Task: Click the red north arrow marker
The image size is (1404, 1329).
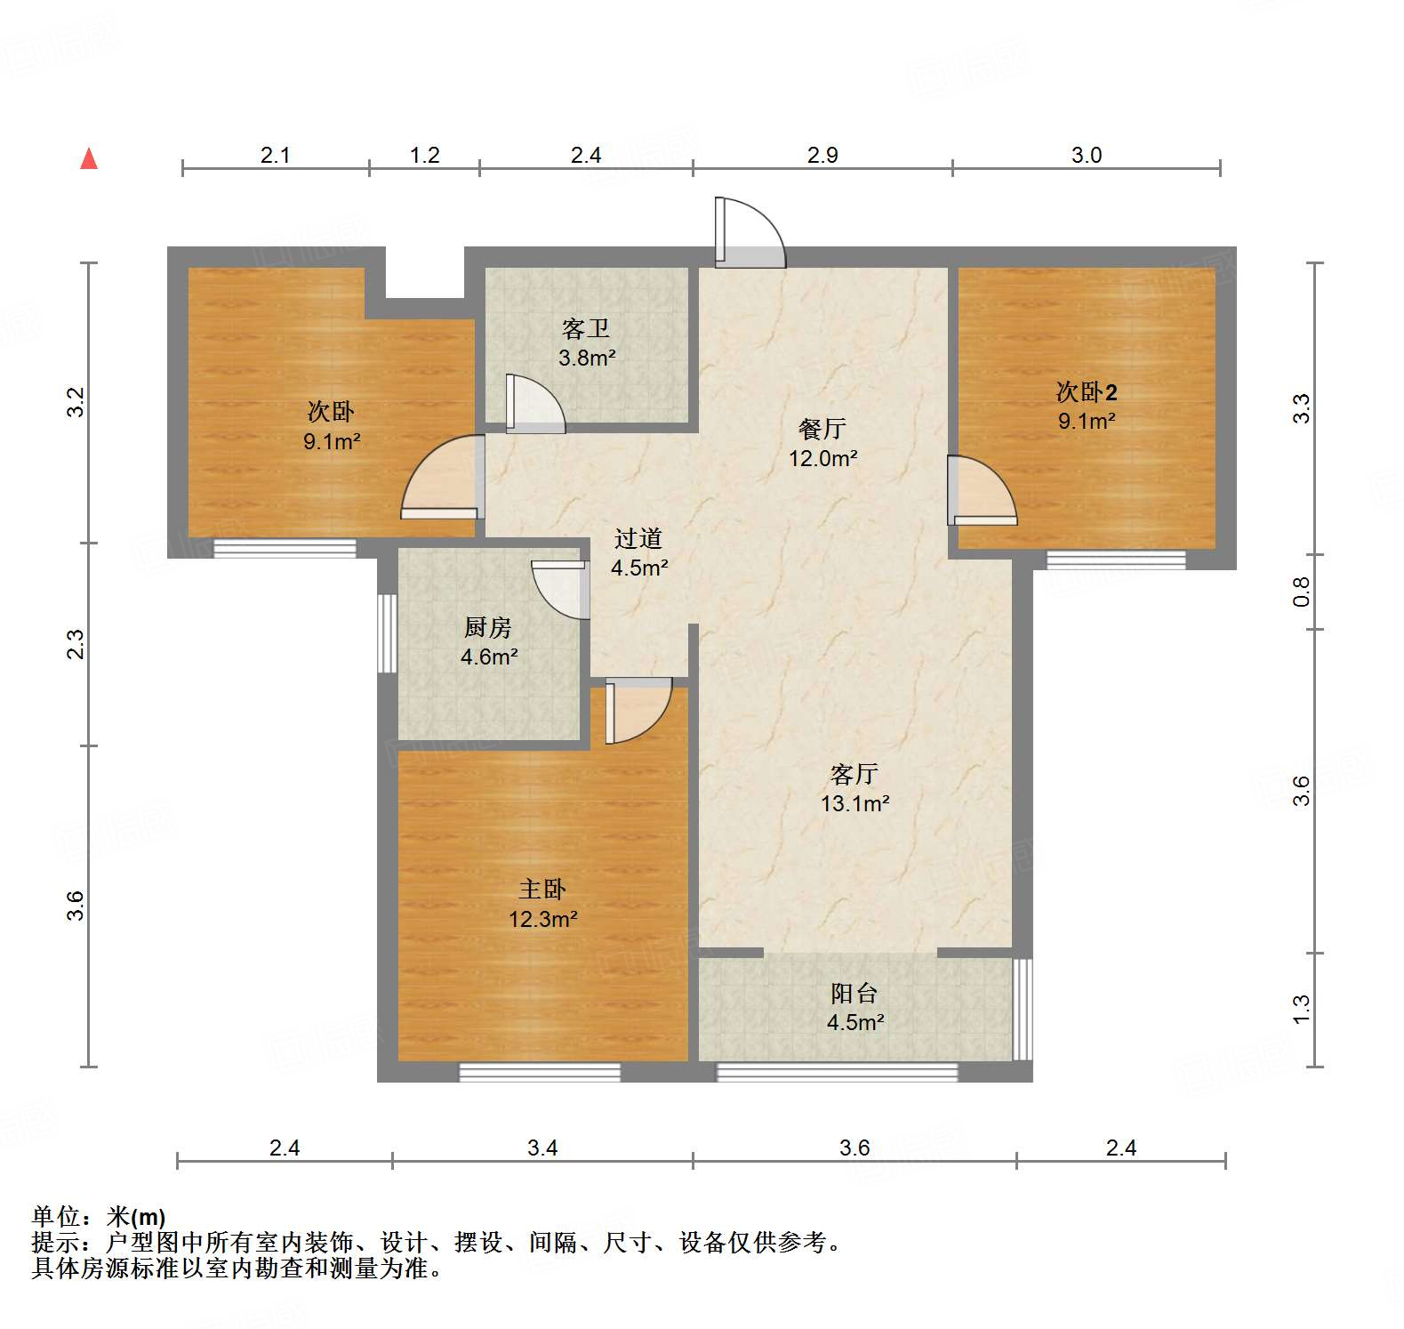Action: [89, 159]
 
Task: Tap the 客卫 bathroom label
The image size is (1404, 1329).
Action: [586, 330]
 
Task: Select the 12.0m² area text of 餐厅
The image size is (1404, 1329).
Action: [822, 459]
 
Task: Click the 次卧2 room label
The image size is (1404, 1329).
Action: [1086, 391]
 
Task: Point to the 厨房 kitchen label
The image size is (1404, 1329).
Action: [488, 628]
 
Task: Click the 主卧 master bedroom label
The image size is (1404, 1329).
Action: [542, 890]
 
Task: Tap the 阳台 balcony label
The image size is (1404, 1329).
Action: [854, 994]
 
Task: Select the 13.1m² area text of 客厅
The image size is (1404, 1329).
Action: [854, 804]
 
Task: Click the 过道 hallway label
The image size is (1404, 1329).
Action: [638, 539]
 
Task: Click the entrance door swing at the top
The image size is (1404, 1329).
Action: [750, 232]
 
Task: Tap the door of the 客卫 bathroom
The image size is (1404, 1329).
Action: [534, 405]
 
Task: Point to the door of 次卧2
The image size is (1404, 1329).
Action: [981, 489]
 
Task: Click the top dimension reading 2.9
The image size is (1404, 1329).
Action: [822, 156]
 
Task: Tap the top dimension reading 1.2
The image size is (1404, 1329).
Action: [424, 156]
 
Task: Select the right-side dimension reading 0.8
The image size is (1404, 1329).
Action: [1301, 592]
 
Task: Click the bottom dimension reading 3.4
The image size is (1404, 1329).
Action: [542, 1148]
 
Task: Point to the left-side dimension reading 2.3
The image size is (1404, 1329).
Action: [76, 644]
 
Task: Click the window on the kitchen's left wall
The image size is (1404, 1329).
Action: [387, 633]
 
